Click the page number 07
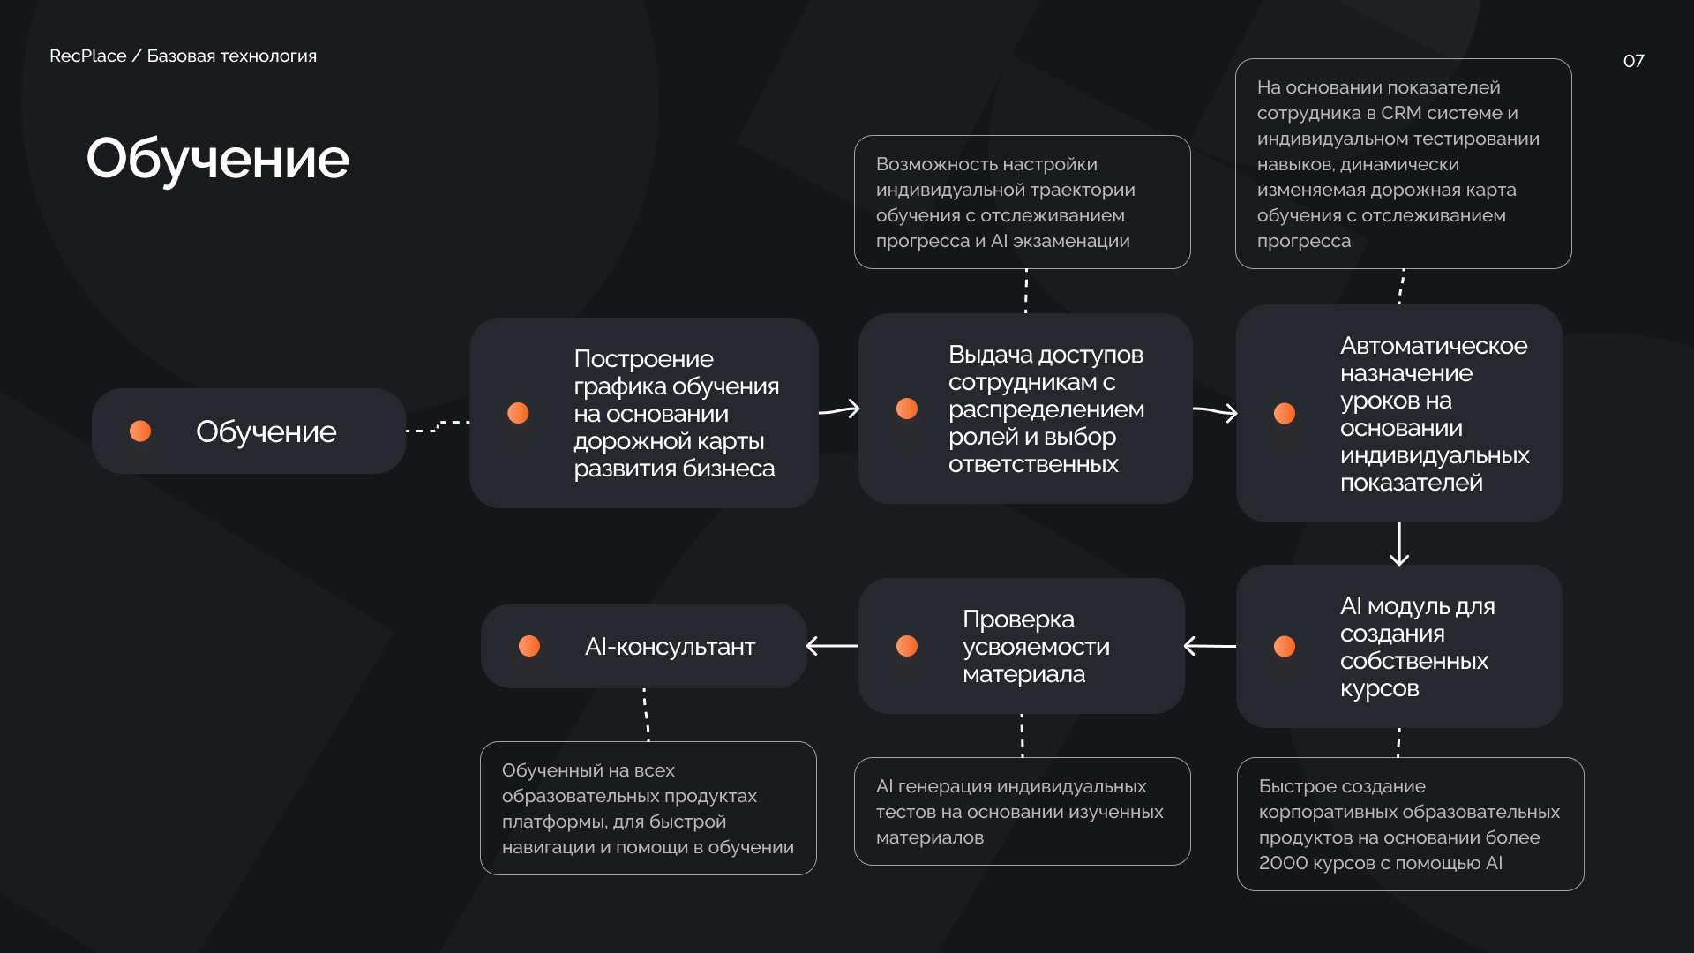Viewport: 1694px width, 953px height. tap(1633, 61)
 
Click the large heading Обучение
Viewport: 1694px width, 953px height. tap(217, 159)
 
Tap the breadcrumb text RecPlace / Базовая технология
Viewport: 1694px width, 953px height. tap(183, 56)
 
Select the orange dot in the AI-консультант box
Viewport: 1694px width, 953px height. tap(529, 646)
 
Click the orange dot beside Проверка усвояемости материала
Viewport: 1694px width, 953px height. tap(907, 646)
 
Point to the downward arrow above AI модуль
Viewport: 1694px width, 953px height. tap(1399, 544)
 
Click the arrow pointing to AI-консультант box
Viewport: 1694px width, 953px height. tap(832, 646)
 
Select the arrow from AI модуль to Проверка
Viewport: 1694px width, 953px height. tap(1210, 646)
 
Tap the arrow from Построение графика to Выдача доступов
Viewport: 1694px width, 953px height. tap(839, 409)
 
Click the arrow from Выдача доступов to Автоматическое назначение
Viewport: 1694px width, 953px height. tap(1215, 411)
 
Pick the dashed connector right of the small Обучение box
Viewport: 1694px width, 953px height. tap(438, 427)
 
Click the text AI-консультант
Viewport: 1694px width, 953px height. tap(670, 647)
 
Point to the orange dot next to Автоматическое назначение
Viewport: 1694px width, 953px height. tap(1285, 413)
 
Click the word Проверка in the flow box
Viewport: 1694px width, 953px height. tap(1018, 619)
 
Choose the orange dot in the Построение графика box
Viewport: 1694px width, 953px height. tap(519, 413)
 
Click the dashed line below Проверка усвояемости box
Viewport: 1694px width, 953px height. tap(1022, 735)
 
